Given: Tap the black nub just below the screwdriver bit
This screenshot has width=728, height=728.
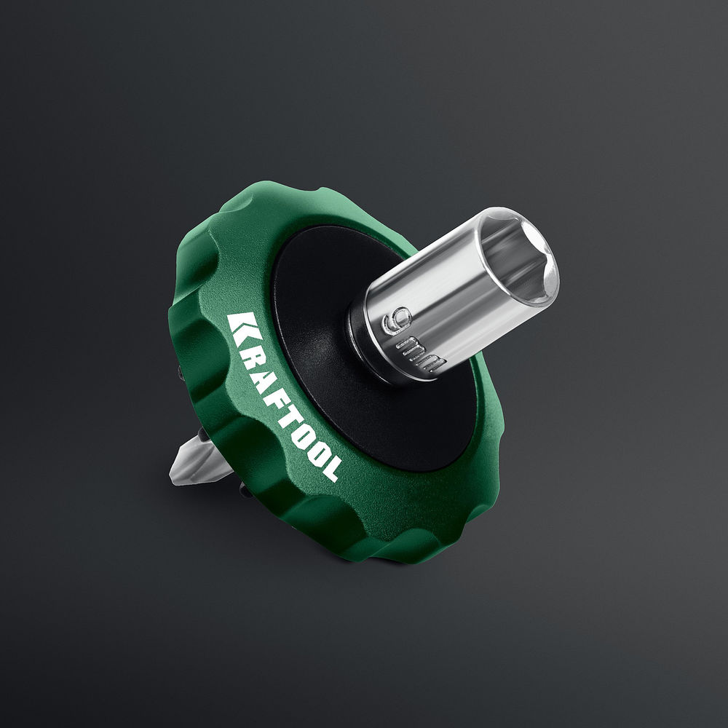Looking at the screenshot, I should [x=245, y=491].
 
